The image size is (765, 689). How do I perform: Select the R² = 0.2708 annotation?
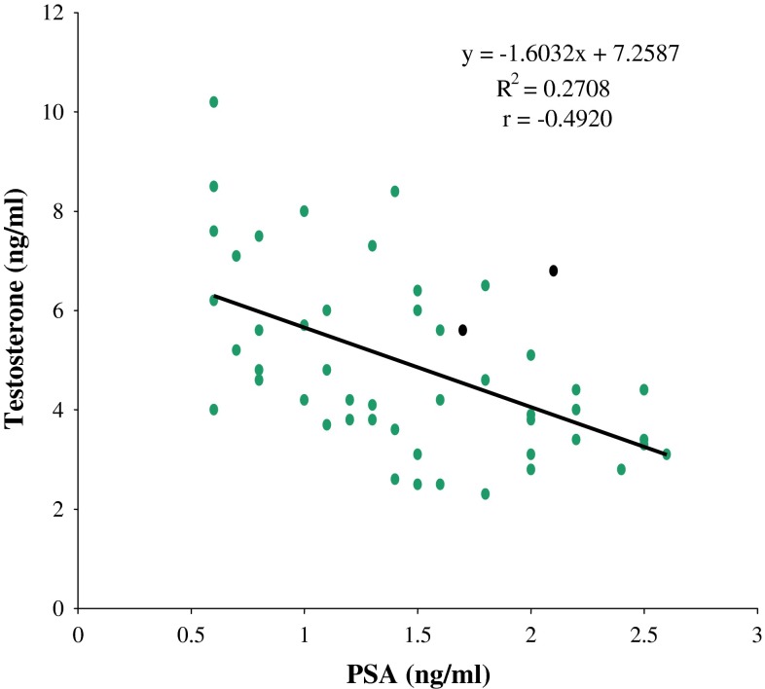[x=553, y=90]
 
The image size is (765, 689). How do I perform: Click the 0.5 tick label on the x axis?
[x=191, y=633]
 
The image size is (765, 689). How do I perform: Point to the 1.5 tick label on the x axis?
[x=418, y=633]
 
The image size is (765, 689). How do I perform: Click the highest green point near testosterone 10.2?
[x=213, y=102]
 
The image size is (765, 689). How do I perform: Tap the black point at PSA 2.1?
[x=553, y=271]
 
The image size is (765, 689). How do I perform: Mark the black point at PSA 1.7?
[x=462, y=330]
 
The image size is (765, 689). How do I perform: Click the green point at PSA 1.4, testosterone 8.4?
[x=394, y=191]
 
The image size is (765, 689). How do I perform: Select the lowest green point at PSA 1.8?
[x=485, y=493]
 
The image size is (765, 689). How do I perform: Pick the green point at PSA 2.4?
[x=621, y=469]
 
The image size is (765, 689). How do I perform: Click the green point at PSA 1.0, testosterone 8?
[x=304, y=211]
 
